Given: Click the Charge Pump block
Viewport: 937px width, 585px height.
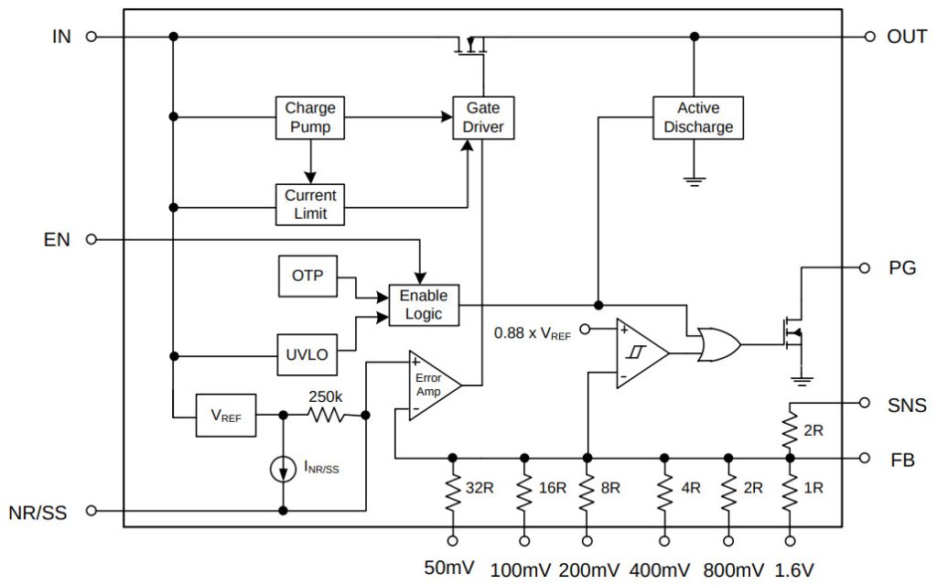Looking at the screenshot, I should (x=310, y=117).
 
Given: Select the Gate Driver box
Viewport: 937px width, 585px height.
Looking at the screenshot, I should (x=484, y=117).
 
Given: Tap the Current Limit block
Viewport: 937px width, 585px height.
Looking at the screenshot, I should (x=310, y=204).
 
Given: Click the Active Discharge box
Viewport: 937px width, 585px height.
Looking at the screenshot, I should (x=697, y=117).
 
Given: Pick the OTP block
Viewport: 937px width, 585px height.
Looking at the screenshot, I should (x=307, y=276).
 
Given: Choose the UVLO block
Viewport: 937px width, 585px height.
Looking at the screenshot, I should (x=307, y=355).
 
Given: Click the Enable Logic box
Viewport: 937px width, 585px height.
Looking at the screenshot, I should (x=424, y=305).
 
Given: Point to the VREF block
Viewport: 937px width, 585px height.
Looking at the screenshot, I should (x=225, y=415).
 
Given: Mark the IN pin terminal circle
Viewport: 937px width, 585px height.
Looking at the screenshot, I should (x=91, y=37).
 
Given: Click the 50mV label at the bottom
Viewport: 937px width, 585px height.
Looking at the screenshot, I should (x=449, y=567).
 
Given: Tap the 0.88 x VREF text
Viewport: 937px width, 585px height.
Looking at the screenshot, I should (x=532, y=334).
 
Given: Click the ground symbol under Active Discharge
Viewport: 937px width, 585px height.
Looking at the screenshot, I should (x=695, y=180).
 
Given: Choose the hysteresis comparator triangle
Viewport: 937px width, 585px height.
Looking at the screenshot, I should (x=639, y=352).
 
